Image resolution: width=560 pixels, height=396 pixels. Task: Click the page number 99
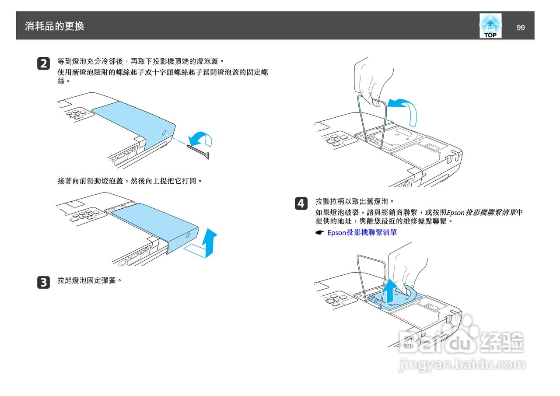coord(520,28)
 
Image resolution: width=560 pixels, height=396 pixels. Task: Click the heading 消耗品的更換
coord(55,26)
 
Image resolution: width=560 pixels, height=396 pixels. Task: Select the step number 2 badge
coord(43,63)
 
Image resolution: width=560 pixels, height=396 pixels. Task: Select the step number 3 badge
coord(43,282)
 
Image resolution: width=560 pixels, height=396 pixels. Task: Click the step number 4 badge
coord(301,203)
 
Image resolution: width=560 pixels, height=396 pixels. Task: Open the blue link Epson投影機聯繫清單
coord(362,233)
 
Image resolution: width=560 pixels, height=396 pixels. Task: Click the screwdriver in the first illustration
coord(199,151)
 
